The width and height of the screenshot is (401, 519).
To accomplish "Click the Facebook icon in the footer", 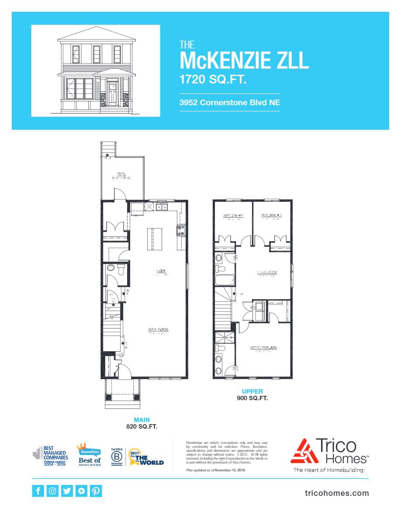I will (38, 491).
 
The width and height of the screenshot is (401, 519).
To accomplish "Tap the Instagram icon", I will (52, 491).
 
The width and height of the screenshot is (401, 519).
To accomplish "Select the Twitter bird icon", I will (67, 491).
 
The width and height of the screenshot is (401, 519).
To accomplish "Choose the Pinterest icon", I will (96, 491).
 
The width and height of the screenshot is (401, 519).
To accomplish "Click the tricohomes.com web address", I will (336, 493).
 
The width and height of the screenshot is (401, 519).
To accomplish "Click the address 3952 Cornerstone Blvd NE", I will (229, 103).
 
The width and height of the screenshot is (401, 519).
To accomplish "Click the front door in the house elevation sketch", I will (112, 93).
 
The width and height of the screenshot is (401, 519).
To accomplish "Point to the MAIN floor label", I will (142, 420).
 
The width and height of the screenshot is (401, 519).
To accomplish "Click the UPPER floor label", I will (252, 391).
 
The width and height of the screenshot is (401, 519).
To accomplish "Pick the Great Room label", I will (158, 329).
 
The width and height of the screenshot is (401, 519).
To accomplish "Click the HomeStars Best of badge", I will (89, 454).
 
